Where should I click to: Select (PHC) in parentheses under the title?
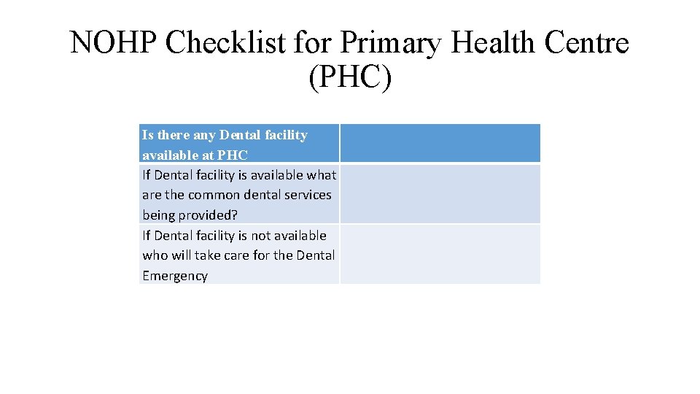pyautogui.click(x=350, y=78)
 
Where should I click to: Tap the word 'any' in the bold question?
pyautogui.click(x=204, y=135)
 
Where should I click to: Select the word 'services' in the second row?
pyautogui.click(x=308, y=195)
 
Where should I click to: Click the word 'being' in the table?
pyautogui.click(x=158, y=215)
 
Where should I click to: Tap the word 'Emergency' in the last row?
pyautogui.click(x=175, y=276)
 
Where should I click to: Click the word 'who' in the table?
pyautogui.click(x=155, y=255)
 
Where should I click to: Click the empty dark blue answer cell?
pyautogui.click(x=440, y=143)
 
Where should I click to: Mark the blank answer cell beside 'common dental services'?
pyautogui.click(x=440, y=194)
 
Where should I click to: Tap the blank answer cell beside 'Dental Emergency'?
pyautogui.click(x=440, y=254)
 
